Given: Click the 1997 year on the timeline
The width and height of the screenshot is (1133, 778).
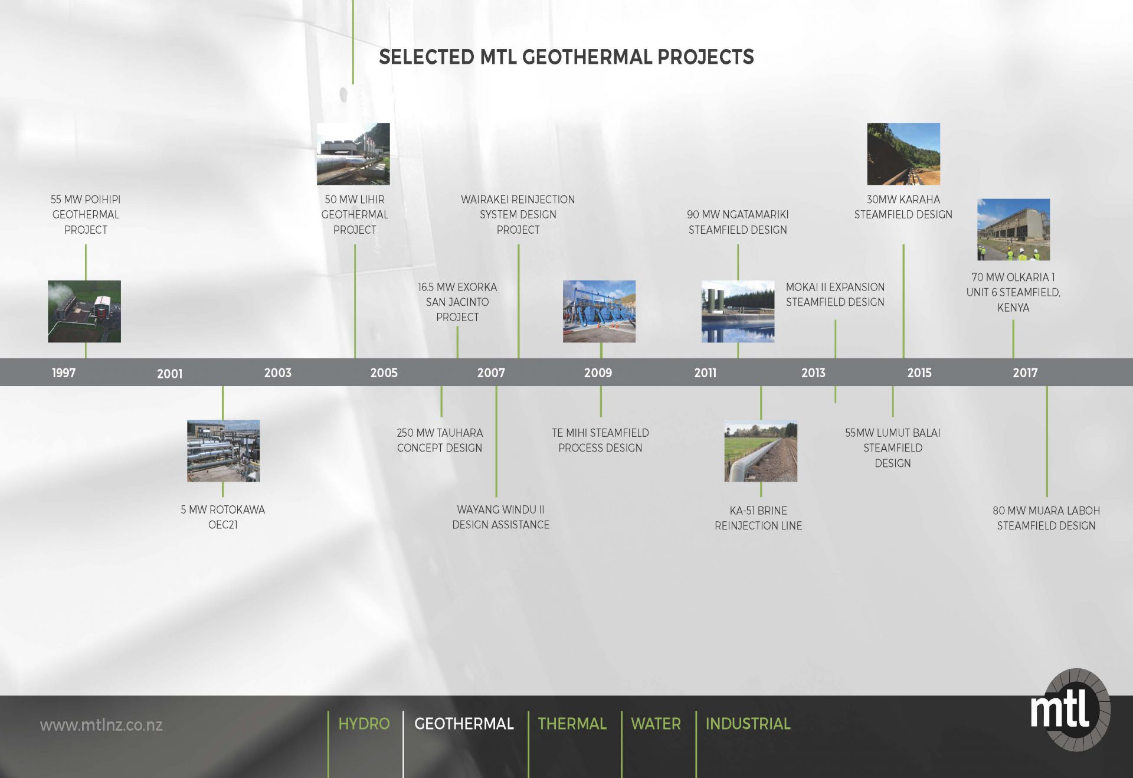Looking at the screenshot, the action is point(64,372).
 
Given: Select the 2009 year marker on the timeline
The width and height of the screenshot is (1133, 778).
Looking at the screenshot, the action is point(598,372).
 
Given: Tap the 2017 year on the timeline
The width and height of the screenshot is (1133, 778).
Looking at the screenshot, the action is point(1025,372).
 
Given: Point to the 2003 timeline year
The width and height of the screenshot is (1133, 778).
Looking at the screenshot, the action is point(277,372).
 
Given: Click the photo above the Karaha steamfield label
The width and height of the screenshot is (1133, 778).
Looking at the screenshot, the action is point(903,153).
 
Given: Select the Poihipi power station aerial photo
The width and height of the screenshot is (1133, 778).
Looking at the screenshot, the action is point(84,311).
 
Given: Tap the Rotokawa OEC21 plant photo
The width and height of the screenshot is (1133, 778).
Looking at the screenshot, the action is point(223,450).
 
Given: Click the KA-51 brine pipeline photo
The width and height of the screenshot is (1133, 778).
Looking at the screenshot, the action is point(761,450).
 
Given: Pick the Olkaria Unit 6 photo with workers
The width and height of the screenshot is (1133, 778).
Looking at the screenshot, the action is point(1013,229).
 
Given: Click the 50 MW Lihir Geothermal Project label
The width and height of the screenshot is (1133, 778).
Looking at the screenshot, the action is point(355,214).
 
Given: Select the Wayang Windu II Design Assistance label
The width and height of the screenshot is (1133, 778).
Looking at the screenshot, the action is point(500,517).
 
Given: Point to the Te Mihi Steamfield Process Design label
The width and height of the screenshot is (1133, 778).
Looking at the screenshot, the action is point(600,440).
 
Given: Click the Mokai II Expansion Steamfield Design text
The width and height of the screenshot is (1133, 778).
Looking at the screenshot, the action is point(835,294).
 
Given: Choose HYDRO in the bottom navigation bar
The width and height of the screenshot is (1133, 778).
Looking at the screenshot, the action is point(364,724).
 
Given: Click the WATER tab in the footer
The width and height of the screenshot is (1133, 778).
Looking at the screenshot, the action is point(656,724).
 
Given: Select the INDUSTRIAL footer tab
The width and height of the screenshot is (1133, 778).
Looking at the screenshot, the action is point(748,724).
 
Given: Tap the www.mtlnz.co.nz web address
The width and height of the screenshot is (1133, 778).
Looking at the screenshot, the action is point(101,725).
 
